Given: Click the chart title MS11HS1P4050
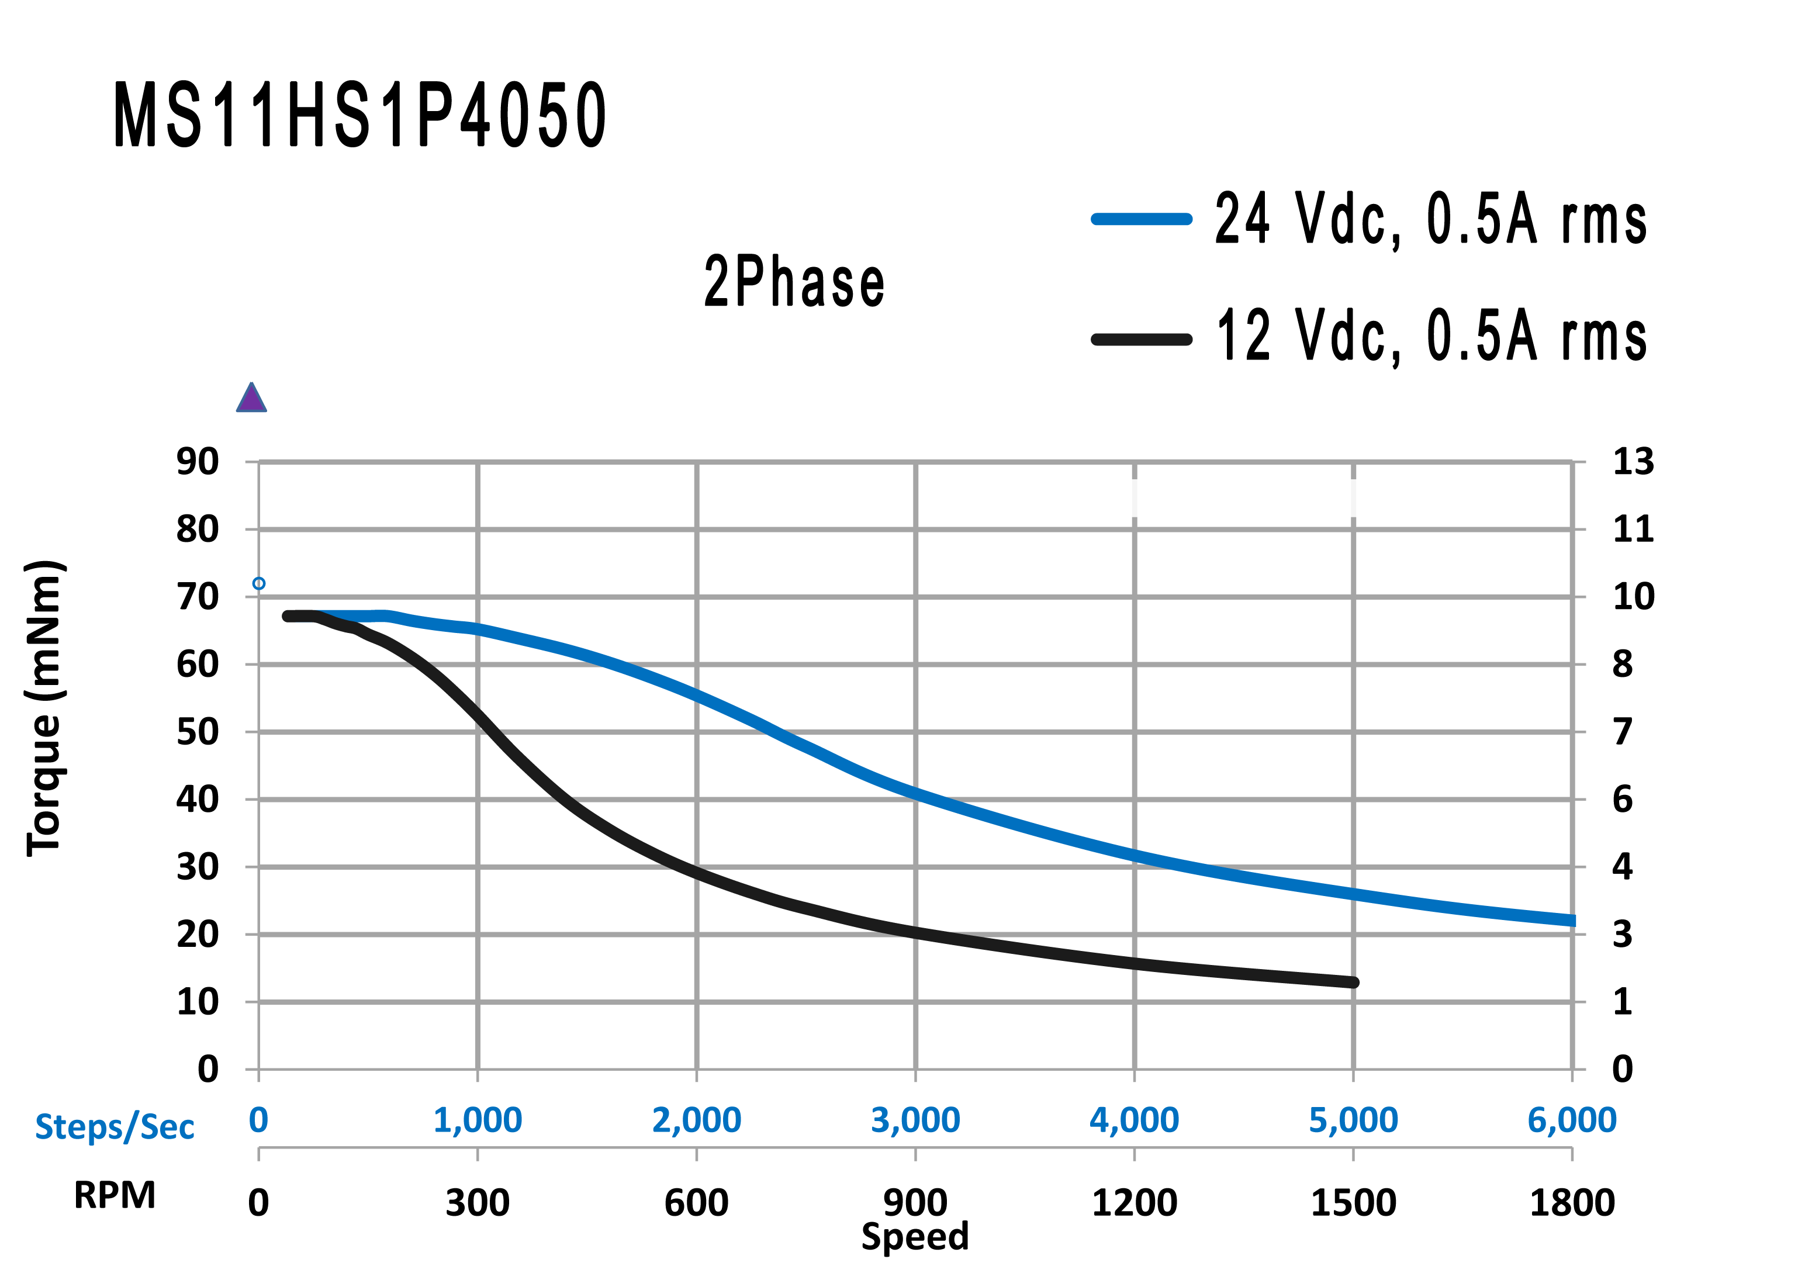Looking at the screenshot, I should pos(360,115).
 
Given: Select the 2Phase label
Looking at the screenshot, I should pos(794,282).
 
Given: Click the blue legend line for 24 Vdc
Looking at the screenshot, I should pos(1141,219).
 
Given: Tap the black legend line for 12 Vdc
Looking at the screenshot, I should pos(1141,340).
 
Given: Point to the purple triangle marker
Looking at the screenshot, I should pos(251,399).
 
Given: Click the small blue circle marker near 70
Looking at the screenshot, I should pos(259,583).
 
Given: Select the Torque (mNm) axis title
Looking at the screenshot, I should pos(44,707).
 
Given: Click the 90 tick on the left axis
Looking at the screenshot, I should pos(198,462).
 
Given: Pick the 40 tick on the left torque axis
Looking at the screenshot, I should pos(198,800).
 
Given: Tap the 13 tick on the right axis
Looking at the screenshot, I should pos(1633,462).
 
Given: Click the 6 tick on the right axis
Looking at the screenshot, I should pos(1623,800).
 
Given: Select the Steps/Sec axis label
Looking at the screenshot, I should pos(115,1126).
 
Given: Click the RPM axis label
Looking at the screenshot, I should pos(115,1195).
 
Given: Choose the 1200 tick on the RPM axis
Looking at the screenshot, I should pos(1134,1203).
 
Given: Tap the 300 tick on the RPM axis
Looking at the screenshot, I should pos(478,1203).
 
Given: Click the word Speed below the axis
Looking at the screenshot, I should pos(915,1236).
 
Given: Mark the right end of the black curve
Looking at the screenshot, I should pos(1354,982).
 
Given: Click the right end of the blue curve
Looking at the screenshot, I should pos(1571,921).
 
